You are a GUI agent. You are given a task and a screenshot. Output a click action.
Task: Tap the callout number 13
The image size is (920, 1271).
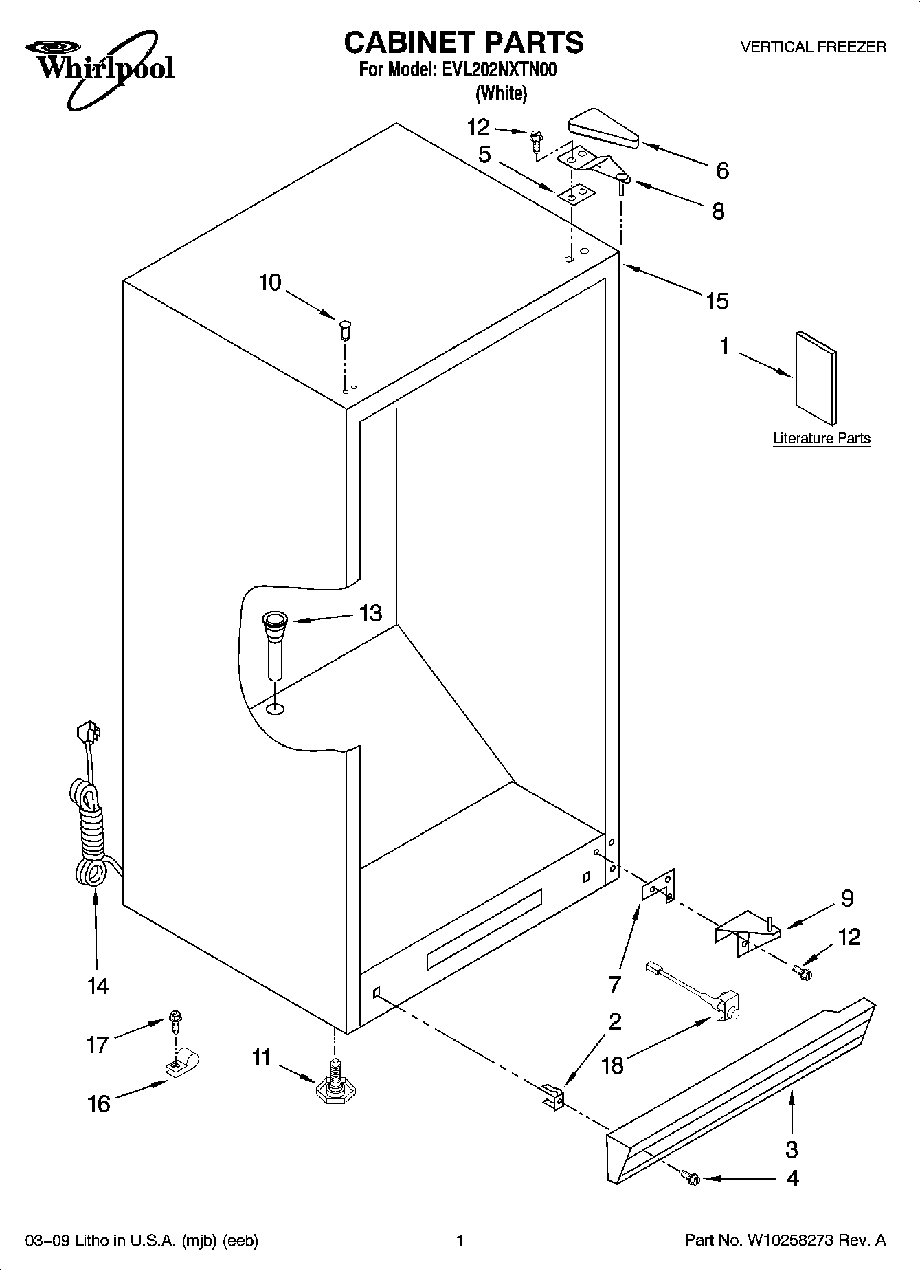(x=370, y=612)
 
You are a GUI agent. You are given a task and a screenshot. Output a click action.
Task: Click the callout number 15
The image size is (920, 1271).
(x=717, y=300)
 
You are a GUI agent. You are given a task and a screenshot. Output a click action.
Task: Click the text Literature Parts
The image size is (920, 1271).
(x=821, y=439)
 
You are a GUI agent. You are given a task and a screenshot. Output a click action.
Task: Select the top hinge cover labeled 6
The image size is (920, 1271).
(x=603, y=130)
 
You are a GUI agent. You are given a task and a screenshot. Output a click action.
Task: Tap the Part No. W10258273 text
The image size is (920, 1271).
(x=785, y=1241)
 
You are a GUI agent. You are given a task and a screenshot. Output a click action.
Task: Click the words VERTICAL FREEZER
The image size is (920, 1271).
(x=812, y=47)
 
